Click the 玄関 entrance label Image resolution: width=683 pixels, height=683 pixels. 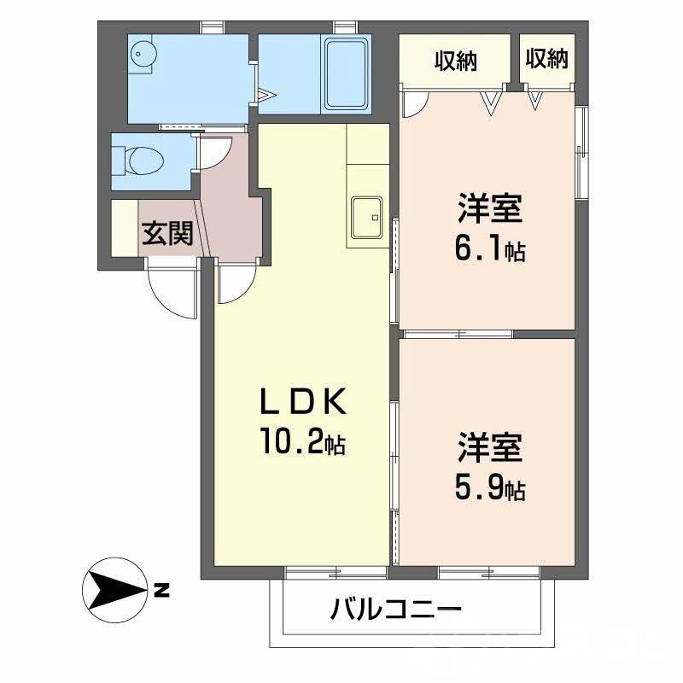(166, 231)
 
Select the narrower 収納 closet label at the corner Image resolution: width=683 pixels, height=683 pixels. (546, 59)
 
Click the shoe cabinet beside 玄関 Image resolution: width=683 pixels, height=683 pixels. (124, 226)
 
